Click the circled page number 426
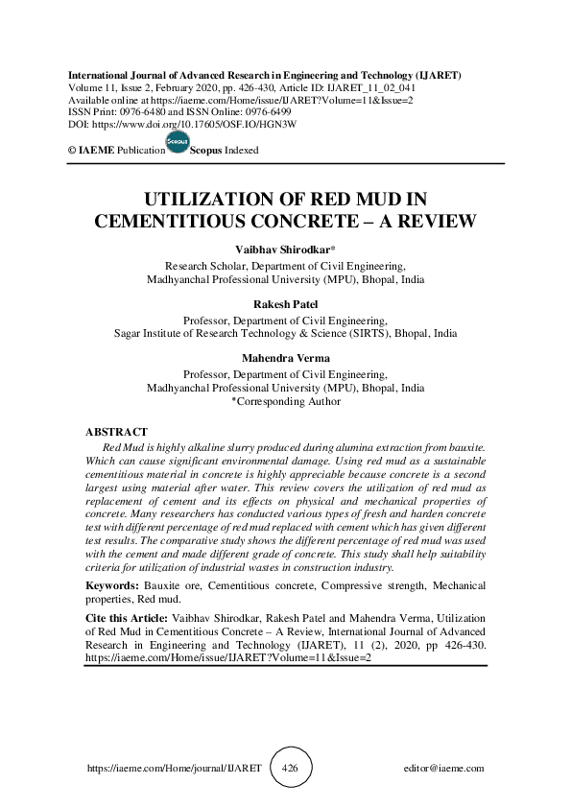(292, 769)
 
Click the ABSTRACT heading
(116, 433)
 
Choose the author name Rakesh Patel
(285, 305)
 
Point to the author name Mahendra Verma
(285, 359)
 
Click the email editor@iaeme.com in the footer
(444, 769)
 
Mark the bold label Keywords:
(113, 585)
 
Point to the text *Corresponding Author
(285, 402)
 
